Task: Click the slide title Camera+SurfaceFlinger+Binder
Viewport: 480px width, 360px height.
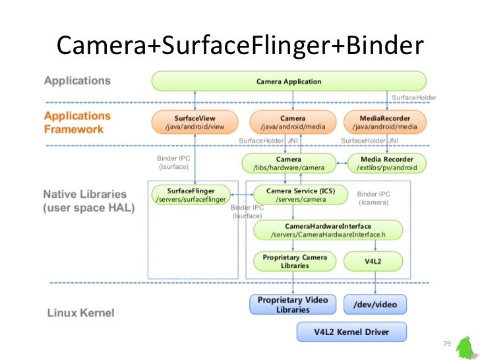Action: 238,45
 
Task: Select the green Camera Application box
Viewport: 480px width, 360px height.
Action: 288,82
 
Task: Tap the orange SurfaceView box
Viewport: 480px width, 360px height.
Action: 195,122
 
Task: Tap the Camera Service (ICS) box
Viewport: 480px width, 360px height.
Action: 300,195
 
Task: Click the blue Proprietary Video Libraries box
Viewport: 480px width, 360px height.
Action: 293,305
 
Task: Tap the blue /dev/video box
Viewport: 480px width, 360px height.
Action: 375,305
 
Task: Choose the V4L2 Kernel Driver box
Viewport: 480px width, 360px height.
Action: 351,332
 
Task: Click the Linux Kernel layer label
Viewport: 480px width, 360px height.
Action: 80,313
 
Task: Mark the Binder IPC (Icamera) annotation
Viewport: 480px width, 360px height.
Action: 373,198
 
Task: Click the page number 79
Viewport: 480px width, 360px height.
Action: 446,344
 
